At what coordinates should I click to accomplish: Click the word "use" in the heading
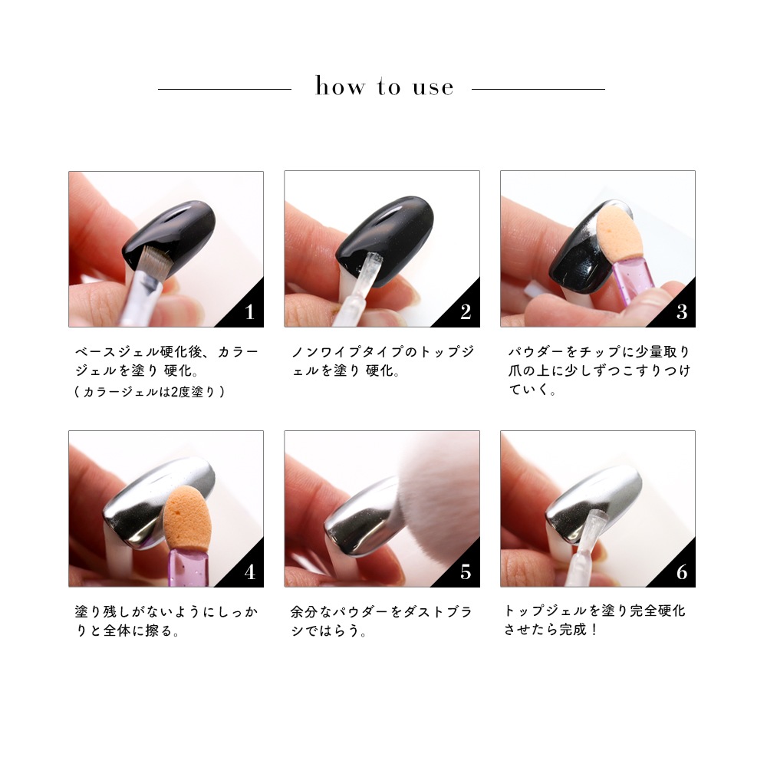[433, 88]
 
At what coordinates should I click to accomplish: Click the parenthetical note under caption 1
[150, 392]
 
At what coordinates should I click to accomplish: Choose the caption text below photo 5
[381, 621]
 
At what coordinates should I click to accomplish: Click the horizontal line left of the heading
[225, 89]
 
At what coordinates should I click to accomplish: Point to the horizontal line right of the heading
[538, 89]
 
